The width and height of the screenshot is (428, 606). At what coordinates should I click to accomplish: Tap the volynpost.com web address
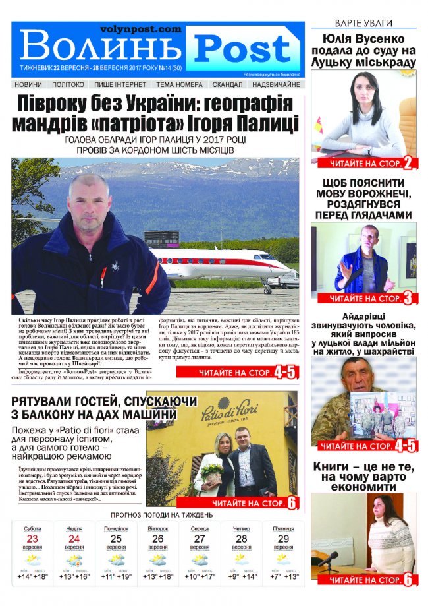(x=140, y=29)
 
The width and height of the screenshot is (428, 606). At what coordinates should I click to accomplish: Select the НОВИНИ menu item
(x=28, y=84)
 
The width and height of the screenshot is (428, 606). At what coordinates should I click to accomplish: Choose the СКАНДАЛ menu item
(x=227, y=84)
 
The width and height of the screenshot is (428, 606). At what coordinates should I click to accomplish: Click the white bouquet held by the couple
(x=212, y=470)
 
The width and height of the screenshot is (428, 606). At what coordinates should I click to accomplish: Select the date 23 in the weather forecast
(x=32, y=539)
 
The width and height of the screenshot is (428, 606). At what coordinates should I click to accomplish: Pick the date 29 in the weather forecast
(x=284, y=539)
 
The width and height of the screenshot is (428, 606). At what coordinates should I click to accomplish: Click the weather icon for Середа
(x=200, y=560)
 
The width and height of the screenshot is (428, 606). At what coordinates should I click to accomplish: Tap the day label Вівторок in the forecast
(x=157, y=529)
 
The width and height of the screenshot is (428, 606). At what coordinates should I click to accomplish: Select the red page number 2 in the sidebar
(x=408, y=164)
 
